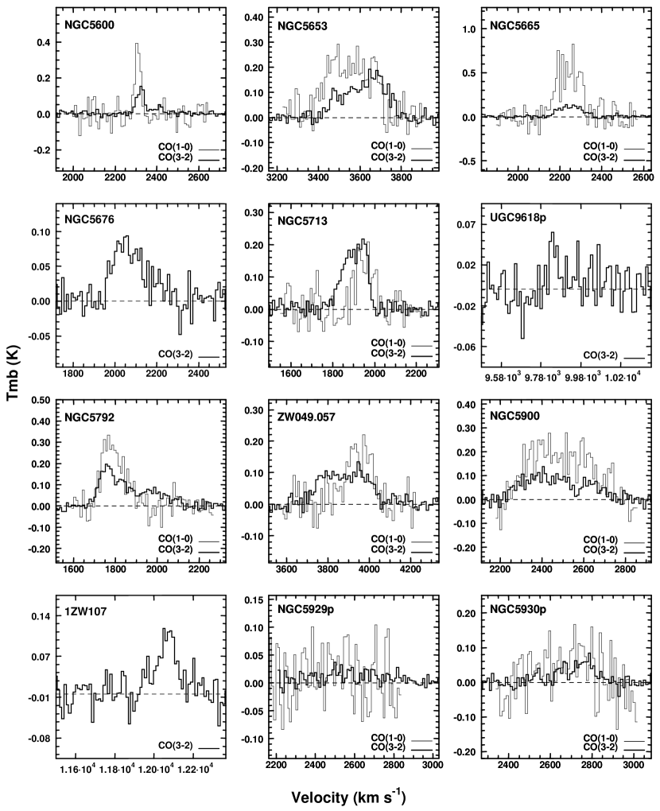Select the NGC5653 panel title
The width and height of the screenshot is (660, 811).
(304, 25)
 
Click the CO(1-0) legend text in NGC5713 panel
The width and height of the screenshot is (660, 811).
(393, 344)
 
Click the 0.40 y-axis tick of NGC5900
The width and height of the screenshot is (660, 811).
(464, 405)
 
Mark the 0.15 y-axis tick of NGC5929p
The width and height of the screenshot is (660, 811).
(254, 600)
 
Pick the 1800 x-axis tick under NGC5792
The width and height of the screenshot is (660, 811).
(115, 568)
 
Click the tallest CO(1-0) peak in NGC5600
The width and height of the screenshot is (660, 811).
(137, 45)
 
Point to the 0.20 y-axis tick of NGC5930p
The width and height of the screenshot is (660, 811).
(464, 613)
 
